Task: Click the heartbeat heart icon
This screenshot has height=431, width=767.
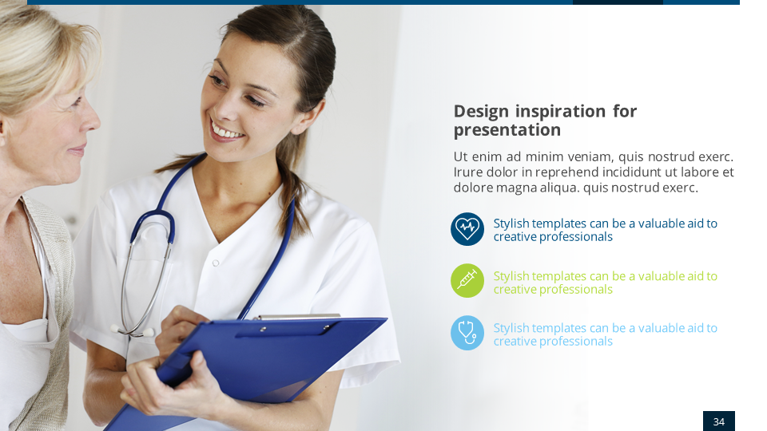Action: coord(467,229)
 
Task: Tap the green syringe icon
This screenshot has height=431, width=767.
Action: coord(467,281)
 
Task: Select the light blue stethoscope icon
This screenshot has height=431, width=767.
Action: coord(467,333)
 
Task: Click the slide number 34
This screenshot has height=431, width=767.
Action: coord(718,421)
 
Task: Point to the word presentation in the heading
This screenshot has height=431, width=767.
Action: coord(507,130)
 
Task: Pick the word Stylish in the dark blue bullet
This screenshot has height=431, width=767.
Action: coord(511,223)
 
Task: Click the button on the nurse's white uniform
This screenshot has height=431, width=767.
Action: coord(215,263)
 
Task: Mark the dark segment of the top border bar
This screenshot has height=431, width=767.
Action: coord(618,2)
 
